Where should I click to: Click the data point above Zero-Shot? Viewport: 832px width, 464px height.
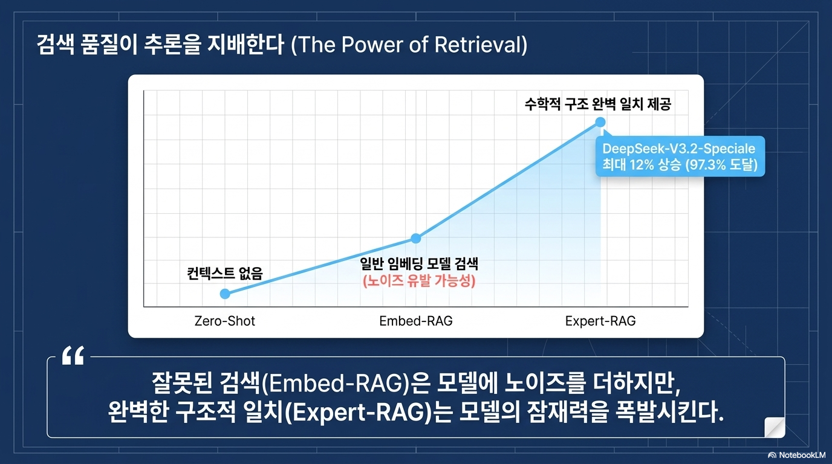225,294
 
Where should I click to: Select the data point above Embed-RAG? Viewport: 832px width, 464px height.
416,238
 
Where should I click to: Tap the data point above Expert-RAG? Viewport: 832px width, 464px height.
600,122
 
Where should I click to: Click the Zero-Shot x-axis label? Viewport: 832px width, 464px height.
225,321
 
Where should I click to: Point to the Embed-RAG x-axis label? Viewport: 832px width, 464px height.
416,321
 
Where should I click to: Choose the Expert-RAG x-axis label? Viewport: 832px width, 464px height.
600,321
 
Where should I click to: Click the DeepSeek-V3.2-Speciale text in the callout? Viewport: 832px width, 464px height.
678,149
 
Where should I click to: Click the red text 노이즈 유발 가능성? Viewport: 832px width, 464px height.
419,281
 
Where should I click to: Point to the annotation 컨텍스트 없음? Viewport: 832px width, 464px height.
225,274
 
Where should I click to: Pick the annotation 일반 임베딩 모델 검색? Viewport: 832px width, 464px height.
419,264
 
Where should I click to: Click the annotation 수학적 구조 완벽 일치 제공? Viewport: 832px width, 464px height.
598,104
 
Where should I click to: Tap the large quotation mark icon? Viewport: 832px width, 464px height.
73,356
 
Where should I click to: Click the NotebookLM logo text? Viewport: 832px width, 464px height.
802,455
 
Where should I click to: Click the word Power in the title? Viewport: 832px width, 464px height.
372,45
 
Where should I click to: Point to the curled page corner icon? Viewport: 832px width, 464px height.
775,428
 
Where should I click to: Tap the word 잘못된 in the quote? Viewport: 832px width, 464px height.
181,383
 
